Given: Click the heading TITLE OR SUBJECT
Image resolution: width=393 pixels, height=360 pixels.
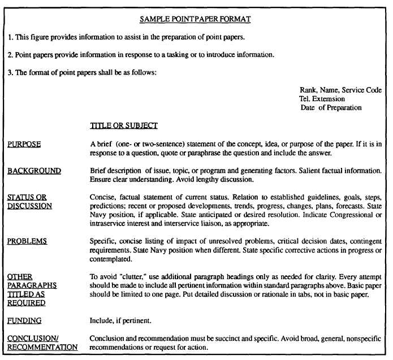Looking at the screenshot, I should click(123, 125).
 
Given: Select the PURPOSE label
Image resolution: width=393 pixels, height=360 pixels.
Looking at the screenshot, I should click(24, 144).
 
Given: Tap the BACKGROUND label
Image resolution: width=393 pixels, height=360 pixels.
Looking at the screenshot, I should click(34, 171).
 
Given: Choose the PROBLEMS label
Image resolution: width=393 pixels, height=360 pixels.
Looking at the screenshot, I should click(27, 241).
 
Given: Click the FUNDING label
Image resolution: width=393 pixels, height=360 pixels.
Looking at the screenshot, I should click(24, 320).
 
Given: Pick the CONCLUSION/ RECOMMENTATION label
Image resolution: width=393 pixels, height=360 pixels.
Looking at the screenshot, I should click(42, 342).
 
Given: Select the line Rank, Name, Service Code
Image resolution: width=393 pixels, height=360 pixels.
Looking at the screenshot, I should click(340, 90).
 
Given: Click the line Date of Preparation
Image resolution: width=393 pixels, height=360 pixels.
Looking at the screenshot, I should click(331, 107).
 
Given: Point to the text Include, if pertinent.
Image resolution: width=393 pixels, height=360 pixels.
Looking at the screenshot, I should click(120, 320).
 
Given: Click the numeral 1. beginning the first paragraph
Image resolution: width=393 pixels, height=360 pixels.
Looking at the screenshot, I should click(10, 37).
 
